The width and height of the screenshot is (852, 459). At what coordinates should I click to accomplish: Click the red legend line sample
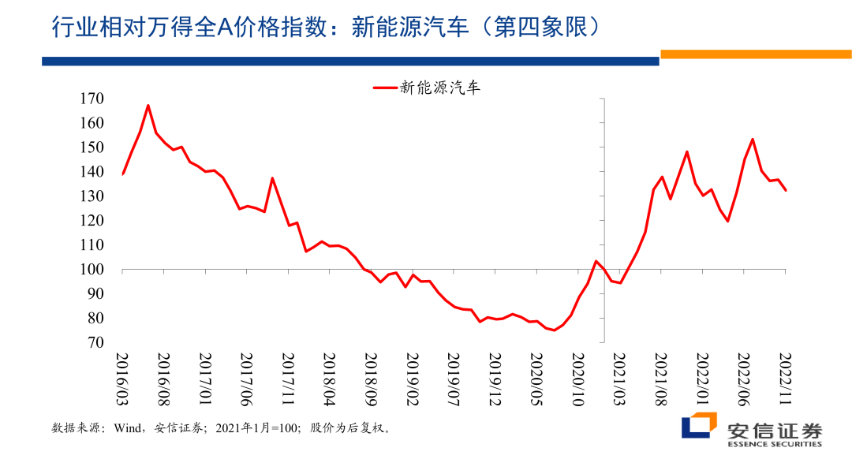[384, 88]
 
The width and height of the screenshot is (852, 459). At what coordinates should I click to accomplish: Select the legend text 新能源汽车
[440, 88]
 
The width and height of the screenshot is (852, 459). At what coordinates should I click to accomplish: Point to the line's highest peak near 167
[148, 105]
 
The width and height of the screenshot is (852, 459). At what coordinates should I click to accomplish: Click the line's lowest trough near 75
[554, 330]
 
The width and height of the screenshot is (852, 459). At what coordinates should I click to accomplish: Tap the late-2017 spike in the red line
[272, 178]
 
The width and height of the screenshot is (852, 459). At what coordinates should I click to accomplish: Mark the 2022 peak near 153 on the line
[753, 140]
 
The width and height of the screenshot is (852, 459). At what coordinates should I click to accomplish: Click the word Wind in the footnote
[128, 429]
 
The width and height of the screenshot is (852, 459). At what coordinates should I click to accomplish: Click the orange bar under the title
[756, 54]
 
